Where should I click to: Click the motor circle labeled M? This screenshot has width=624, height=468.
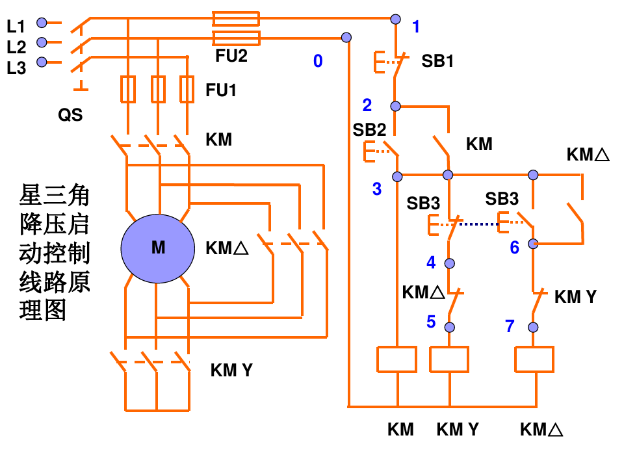158,248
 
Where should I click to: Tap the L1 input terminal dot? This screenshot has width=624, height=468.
42,23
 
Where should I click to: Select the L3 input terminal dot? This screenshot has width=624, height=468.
42,62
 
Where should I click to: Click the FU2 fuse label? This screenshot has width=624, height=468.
231,56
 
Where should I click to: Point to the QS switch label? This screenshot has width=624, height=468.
70,115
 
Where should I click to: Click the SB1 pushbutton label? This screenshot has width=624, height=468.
437,61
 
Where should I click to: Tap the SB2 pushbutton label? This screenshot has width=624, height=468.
369,130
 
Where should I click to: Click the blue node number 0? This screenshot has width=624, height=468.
318,61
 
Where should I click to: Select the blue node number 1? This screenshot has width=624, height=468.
416,27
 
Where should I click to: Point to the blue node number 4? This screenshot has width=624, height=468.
431,262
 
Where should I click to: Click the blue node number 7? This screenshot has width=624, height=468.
510,326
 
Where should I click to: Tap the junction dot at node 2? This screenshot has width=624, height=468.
395,106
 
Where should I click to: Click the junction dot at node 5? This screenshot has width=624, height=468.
450,327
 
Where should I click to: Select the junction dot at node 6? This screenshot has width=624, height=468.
533,244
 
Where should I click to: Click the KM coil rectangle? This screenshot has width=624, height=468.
396,359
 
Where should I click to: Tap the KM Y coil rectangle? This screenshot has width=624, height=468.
449,359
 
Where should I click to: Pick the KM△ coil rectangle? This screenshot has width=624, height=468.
534,359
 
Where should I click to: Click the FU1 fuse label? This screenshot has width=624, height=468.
221,90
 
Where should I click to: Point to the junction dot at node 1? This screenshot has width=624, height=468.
395,19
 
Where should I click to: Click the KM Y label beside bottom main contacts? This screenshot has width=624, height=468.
231,370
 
